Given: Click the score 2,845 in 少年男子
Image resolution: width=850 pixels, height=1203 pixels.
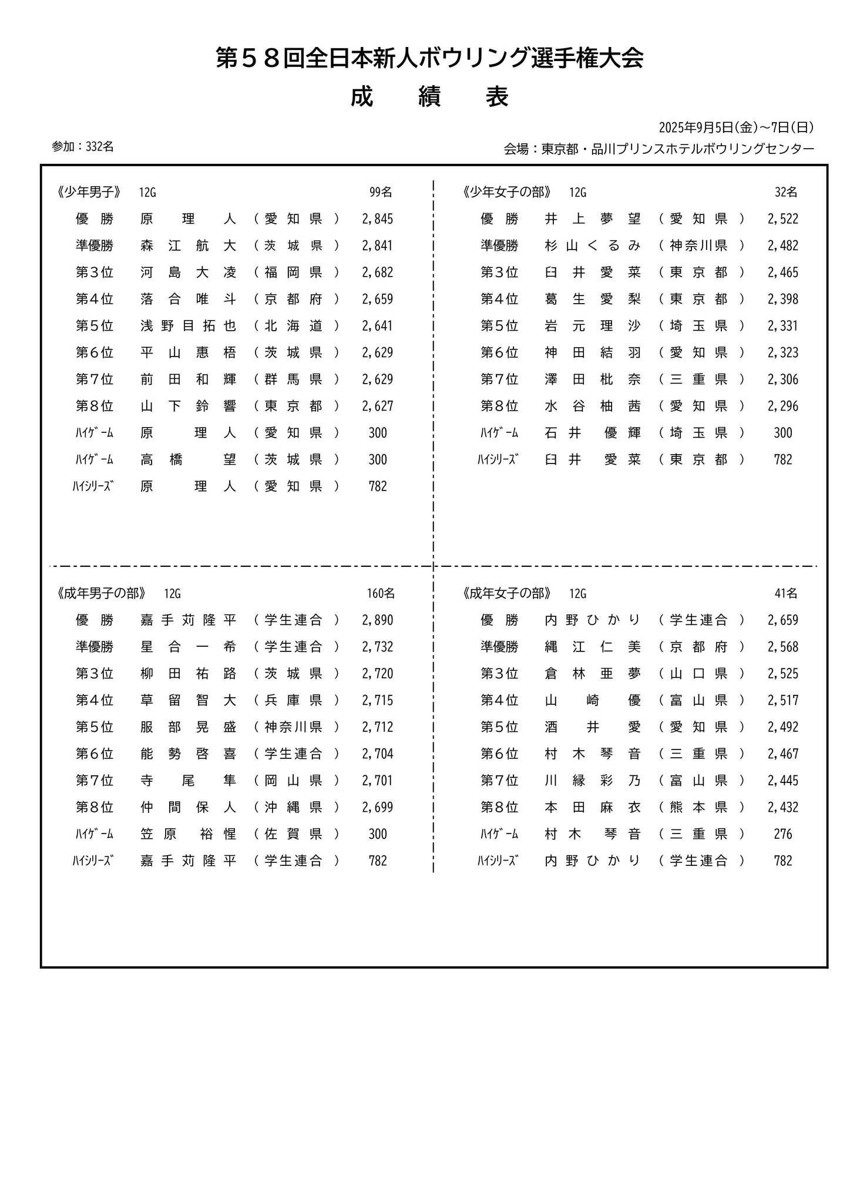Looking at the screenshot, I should (377, 219).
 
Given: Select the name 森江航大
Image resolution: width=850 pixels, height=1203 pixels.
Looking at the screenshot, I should (188, 246).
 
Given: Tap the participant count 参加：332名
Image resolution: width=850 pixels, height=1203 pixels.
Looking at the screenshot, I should (83, 147).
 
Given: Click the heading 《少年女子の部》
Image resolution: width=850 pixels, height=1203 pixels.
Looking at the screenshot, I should (507, 192).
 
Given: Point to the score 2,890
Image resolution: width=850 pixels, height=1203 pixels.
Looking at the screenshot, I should (377, 620).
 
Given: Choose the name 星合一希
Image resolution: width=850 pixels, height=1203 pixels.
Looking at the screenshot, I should (188, 647).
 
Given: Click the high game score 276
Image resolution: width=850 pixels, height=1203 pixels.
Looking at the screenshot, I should (782, 834).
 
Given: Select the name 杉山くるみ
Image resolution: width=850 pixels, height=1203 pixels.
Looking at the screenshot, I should (593, 246).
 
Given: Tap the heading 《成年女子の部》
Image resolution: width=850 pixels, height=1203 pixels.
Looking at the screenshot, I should (507, 593).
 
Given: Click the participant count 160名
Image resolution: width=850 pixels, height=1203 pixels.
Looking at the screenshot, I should (381, 593).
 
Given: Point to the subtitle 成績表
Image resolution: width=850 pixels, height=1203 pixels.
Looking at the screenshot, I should (429, 98).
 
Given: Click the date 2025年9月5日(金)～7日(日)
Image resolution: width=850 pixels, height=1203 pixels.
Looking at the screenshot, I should (736, 127).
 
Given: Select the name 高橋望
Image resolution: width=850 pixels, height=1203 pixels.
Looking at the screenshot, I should (188, 459).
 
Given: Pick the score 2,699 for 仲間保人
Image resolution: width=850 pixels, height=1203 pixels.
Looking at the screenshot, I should (377, 807).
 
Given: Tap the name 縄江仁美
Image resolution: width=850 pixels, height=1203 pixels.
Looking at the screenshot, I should (593, 647).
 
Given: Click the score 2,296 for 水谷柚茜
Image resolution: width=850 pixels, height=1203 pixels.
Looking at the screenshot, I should (782, 406).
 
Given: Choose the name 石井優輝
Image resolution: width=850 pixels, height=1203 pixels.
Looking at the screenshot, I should (593, 433).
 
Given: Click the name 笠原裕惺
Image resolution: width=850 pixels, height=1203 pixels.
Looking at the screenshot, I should (188, 834).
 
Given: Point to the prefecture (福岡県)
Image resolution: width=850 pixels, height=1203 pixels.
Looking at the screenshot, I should (296, 273).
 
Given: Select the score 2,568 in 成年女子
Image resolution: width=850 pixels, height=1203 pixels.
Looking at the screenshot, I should (782, 647).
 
